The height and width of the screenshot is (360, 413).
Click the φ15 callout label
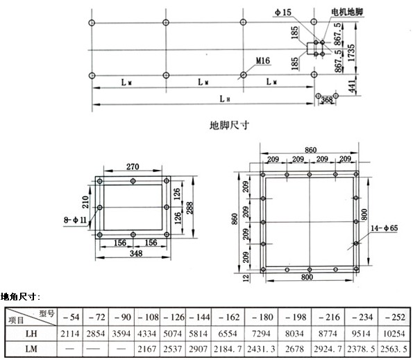pyautogui.click(x=283, y=12)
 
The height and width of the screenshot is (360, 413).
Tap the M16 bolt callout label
pyautogui.click(x=263, y=61)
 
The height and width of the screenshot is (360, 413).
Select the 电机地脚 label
pyautogui.click(x=347, y=12)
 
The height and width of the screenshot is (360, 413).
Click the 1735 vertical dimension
pyautogui.click(x=351, y=53)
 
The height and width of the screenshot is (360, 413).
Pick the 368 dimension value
pyautogui.click(x=327, y=100)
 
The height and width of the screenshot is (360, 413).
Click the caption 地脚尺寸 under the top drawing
pyautogui.click(x=229, y=126)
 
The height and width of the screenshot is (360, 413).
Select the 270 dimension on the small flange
pyautogui.click(x=133, y=167)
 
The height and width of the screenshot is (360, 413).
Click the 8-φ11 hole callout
pyautogui.click(x=76, y=220)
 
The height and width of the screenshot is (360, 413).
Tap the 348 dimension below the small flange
pyautogui.click(x=136, y=253)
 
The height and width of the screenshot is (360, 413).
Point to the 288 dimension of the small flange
pyautogui.click(x=189, y=208)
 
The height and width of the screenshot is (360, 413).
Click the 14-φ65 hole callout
pyautogui.click(x=385, y=228)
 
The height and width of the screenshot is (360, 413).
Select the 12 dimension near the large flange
pyautogui.click(x=246, y=278)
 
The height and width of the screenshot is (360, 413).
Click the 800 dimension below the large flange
pyautogui.click(x=307, y=277)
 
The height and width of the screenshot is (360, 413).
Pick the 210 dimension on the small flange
pyautogui.click(x=85, y=202)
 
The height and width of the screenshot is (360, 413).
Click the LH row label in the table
pyautogui.click(x=31, y=334)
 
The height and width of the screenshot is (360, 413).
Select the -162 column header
pyautogui.click(x=228, y=317)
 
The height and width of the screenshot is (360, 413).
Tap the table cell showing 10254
pyautogui.click(x=394, y=334)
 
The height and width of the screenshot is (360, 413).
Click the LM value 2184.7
pyautogui.click(x=228, y=349)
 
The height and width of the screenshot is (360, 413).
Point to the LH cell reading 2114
pyautogui.click(x=70, y=334)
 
